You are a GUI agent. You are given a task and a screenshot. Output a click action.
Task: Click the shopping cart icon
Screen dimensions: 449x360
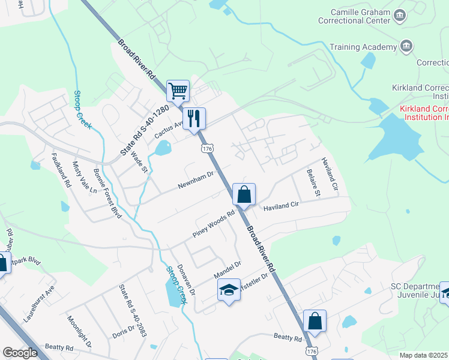pyautogui.click(x=178, y=91)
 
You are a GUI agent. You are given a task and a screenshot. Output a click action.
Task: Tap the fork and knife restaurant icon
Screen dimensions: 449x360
pyautogui.click(x=194, y=118)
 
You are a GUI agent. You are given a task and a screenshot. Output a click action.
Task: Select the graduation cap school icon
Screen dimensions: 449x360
pyautogui.click(x=228, y=290)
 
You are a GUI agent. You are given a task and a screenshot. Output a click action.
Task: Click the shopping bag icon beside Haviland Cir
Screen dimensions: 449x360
pyautogui.click(x=244, y=194)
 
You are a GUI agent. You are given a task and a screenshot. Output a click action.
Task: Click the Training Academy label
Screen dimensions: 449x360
pyautogui.click(x=365, y=46)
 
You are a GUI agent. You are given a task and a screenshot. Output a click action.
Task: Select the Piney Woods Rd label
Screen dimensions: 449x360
pyautogui.click(x=213, y=224)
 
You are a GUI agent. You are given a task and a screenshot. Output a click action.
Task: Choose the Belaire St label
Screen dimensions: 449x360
pyautogui.click(x=313, y=183)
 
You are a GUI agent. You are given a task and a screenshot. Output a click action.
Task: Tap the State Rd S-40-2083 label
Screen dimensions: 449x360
pyautogui.click(x=133, y=310)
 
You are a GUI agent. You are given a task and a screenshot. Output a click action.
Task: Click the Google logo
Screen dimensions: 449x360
pyautogui.click(x=20, y=353)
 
